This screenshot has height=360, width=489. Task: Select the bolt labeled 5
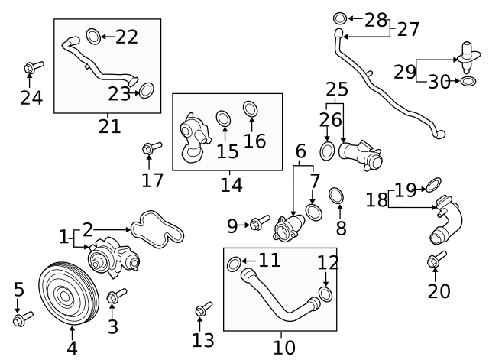click(x=22, y=316)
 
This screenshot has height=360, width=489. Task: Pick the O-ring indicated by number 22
click(x=92, y=35)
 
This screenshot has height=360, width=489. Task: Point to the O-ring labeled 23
click(x=147, y=92)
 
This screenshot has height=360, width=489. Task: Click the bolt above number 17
click(x=151, y=148)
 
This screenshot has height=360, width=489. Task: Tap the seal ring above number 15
click(x=224, y=118)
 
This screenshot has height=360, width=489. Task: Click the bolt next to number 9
click(x=259, y=224)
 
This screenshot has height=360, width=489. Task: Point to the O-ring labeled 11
click(x=235, y=264)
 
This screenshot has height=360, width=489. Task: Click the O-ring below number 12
click(x=325, y=294)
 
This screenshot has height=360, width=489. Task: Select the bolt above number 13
click(x=202, y=309)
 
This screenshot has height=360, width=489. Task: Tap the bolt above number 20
click(x=436, y=260)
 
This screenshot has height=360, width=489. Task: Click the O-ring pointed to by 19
click(x=433, y=183)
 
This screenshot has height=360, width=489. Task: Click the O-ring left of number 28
click(x=340, y=18)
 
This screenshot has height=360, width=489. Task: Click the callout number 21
click(x=109, y=126)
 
